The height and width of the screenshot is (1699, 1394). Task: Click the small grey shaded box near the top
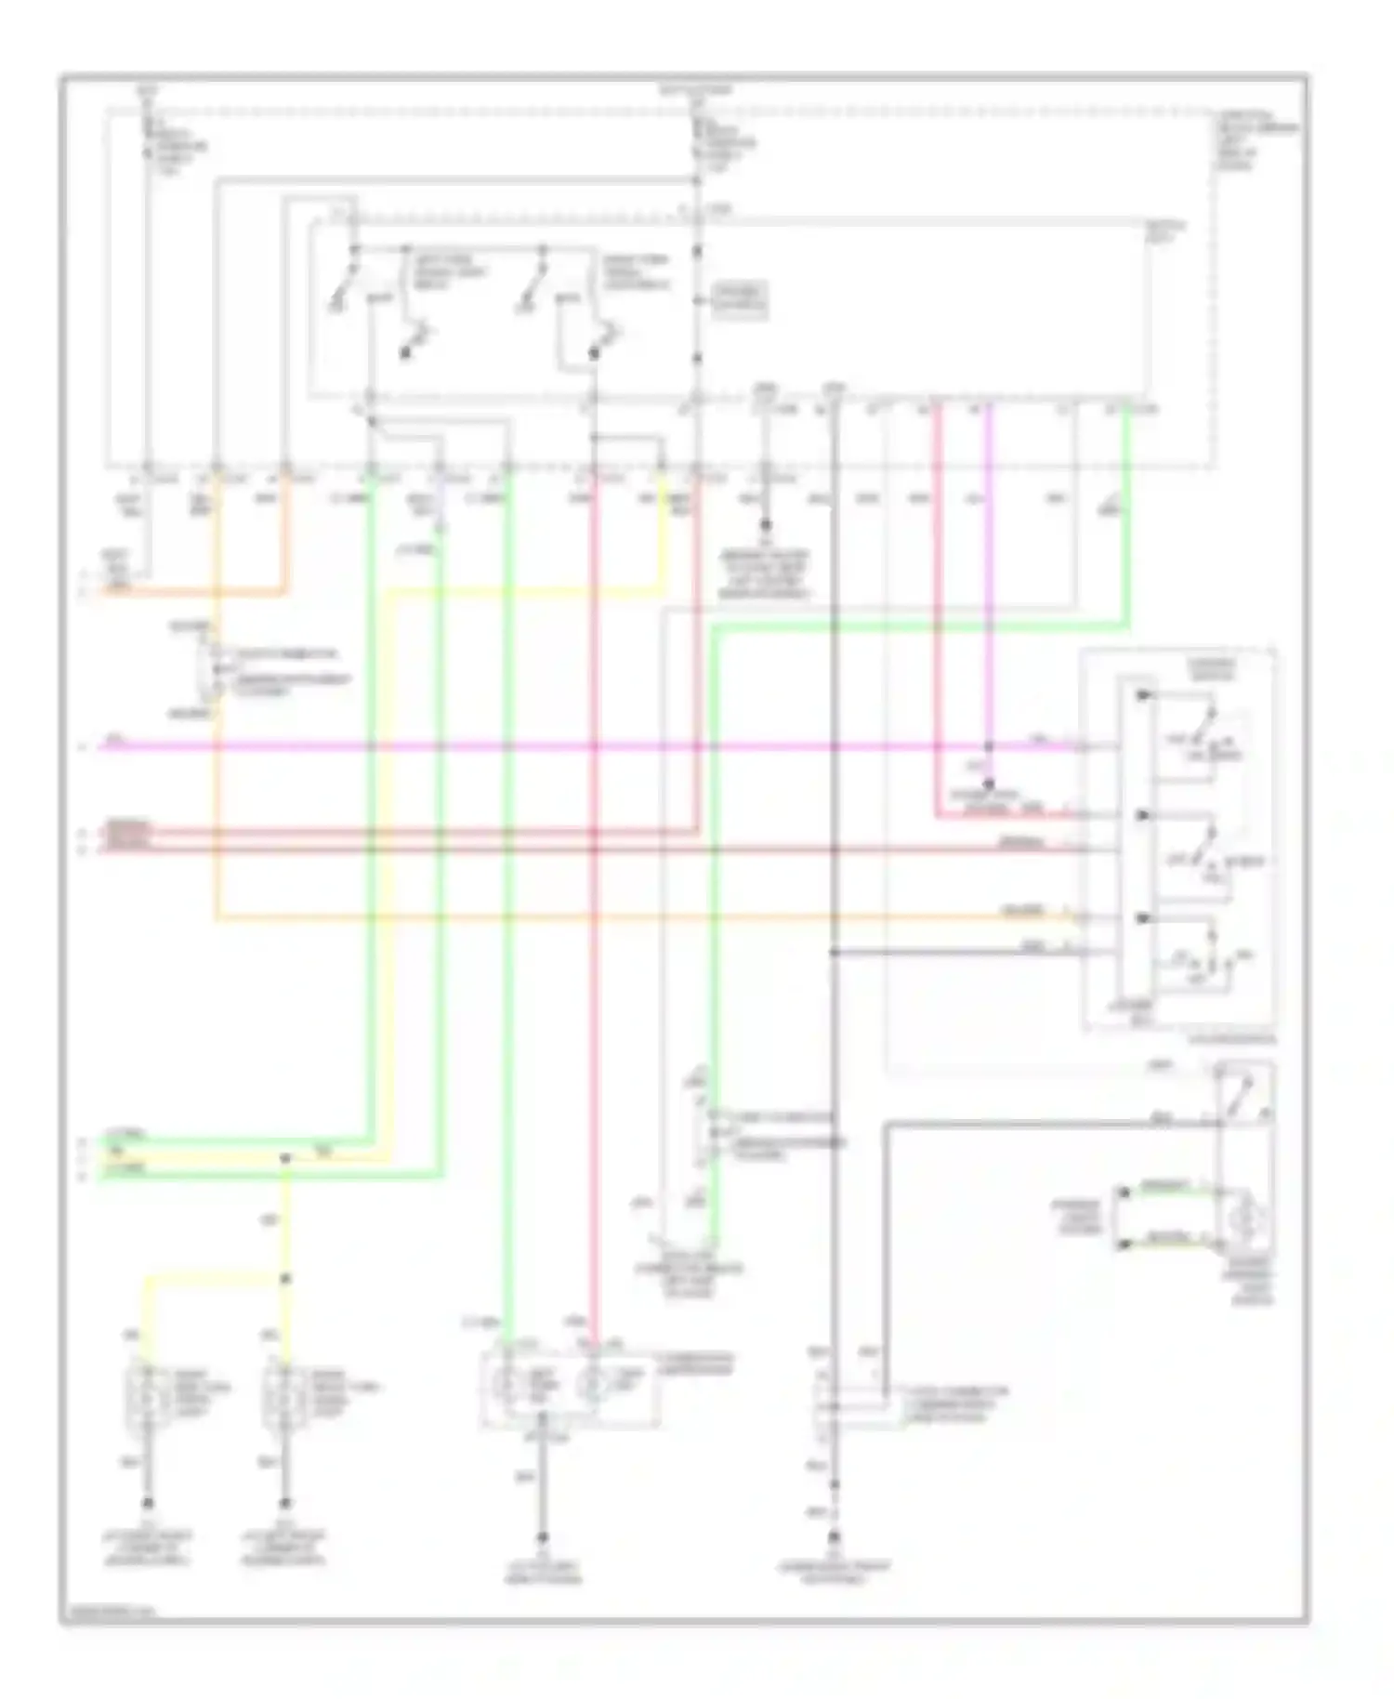740,301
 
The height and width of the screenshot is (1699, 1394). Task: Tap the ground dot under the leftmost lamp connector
148,1503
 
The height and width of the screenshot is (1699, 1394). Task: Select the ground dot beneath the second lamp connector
285,1503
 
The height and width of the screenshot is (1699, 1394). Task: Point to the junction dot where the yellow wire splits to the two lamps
285,1279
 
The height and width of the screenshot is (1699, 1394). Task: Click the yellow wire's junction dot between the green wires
285,1158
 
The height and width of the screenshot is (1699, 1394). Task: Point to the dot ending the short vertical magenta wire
989,784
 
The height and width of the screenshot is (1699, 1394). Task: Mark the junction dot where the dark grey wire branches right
835,953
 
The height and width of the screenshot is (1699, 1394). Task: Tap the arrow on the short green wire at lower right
1124,1192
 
